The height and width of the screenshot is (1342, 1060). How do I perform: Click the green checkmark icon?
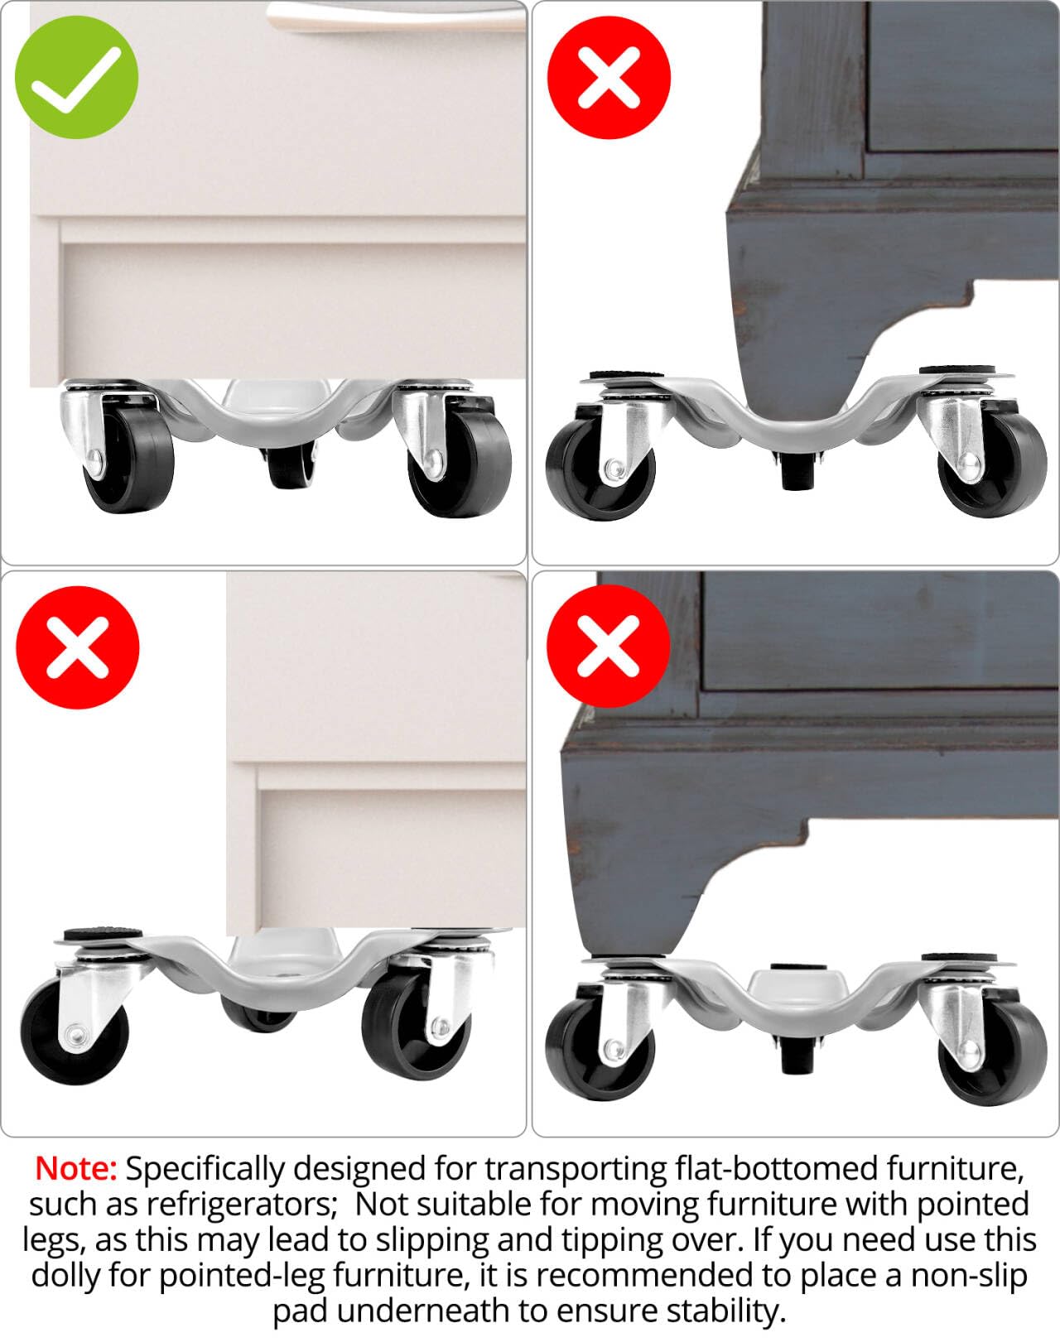[76, 77]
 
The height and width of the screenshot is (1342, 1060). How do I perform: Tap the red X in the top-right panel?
[609, 77]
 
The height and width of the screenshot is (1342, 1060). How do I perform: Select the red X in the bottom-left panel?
[78, 647]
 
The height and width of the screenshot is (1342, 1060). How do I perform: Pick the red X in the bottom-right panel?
[609, 647]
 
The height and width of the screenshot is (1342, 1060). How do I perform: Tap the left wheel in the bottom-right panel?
[597, 1047]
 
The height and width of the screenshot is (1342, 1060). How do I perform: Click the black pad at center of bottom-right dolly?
[793, 968]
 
